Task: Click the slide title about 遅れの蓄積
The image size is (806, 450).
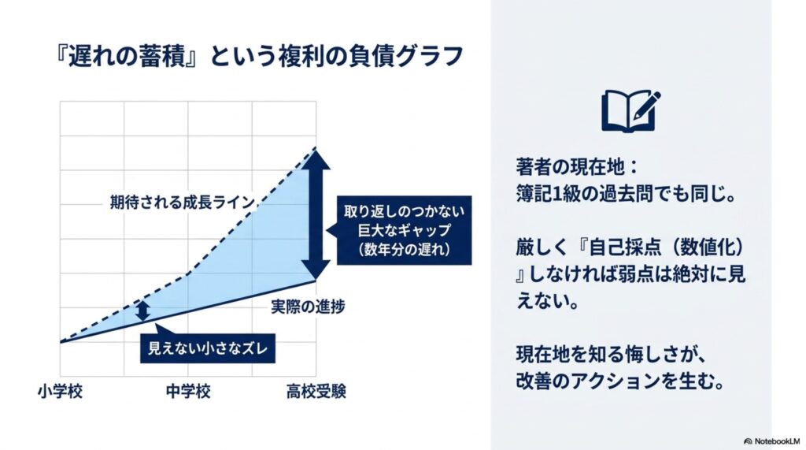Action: pos(259,56)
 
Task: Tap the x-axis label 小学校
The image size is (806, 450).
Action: pos(60,392)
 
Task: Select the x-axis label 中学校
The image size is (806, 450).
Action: pos(188,392)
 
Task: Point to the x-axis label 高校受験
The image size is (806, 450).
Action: pos(316,392)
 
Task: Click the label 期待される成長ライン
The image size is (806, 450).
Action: pos(183,203)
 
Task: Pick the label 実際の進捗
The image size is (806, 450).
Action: pos(308,307)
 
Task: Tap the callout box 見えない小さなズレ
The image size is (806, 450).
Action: pos(208,348)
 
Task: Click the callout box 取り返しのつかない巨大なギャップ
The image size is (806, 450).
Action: pos(404,230)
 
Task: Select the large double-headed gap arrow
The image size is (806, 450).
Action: pos(316,214)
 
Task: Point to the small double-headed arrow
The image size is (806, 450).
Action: pos(143,311)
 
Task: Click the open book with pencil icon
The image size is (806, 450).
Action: pos(630,110)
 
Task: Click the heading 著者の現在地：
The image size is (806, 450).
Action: pos(578,167)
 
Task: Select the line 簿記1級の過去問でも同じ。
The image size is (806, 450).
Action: pos(626,194)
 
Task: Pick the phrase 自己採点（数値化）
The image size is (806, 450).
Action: pos(667,247)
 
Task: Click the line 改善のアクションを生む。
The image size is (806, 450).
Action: pos(620,381)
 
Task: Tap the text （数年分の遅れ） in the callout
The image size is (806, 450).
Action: pos(405,249)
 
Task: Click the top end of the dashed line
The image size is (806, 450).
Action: pos(316,148)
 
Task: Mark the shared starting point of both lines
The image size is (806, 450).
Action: pos(61,342)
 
